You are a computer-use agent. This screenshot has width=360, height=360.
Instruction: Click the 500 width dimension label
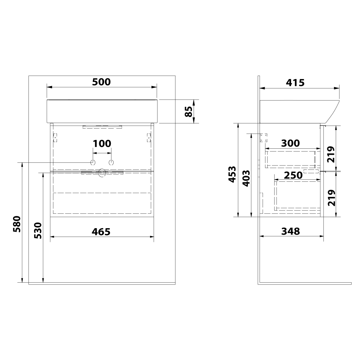coord(101,82)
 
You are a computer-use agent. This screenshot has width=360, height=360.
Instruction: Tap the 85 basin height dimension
coord(189,111)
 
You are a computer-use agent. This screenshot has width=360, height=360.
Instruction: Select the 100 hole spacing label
coord(102,144)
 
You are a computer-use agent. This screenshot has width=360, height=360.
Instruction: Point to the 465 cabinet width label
coord(101,232)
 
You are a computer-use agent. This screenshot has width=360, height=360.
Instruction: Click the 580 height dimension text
coord(17,224)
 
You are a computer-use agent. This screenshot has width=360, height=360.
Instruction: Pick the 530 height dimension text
coord(38,231)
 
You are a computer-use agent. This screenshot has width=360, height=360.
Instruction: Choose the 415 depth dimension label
coord(295,83)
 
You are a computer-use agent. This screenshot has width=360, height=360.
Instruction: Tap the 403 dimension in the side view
coord(246,178)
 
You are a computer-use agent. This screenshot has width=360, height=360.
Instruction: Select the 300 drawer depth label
coord(290,143)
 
